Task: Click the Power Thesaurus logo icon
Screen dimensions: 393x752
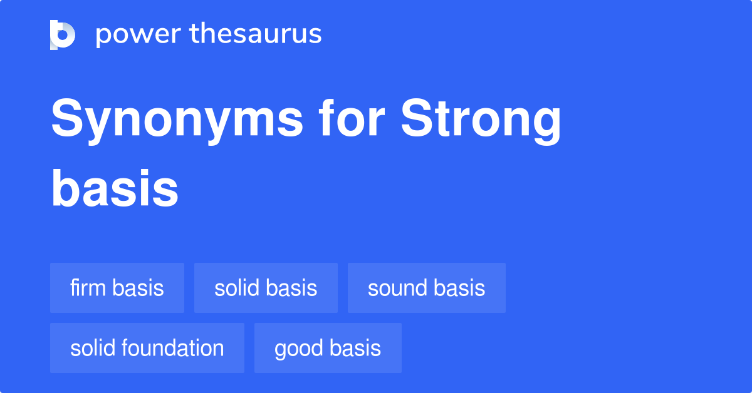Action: tap(63, 34)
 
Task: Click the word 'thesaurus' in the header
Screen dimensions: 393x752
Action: tap(256, 34)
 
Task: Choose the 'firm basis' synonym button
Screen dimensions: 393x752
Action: tap(117, 288)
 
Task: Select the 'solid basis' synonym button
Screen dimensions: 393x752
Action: tap(266, 288)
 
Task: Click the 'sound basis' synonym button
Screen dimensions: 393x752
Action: tap(426, 288)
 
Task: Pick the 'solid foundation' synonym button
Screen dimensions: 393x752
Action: tap(147, 348)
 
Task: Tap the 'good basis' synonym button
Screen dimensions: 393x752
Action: tap(328, 348)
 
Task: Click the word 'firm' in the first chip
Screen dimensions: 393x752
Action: tap(89, 288)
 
